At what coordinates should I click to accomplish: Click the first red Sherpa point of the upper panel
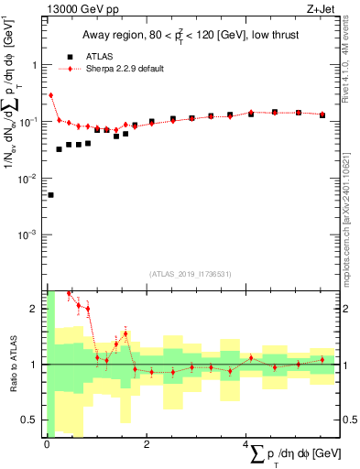(50, 95)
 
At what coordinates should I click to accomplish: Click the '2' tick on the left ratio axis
(35, 309)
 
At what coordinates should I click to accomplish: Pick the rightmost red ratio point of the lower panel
(322, 359)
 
